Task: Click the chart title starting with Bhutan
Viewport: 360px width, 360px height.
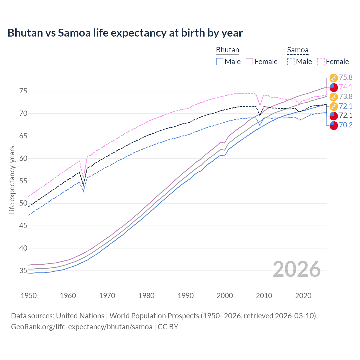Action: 125,33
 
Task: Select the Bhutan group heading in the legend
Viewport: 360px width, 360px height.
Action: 227,50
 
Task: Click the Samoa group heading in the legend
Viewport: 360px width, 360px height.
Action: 298,50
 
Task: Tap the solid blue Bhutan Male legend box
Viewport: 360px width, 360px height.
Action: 220,62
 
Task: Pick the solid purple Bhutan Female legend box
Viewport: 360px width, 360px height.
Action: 249,62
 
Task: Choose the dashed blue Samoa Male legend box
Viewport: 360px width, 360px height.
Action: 291,62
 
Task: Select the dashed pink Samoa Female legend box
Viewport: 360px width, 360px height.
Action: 321,62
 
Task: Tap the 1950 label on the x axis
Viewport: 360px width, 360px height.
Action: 29,296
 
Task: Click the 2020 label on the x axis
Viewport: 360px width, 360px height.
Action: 303,296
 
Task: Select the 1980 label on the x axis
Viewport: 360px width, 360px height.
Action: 146,296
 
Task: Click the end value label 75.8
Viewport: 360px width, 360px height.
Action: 346,78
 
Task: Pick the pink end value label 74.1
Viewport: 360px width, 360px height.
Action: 346,87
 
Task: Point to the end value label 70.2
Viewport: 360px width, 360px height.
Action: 346,125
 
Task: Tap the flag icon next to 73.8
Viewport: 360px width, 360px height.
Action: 334,97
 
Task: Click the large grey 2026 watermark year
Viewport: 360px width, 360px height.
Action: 296,269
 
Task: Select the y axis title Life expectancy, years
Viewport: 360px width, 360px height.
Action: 12,180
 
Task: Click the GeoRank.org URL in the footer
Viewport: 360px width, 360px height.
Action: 82,327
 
